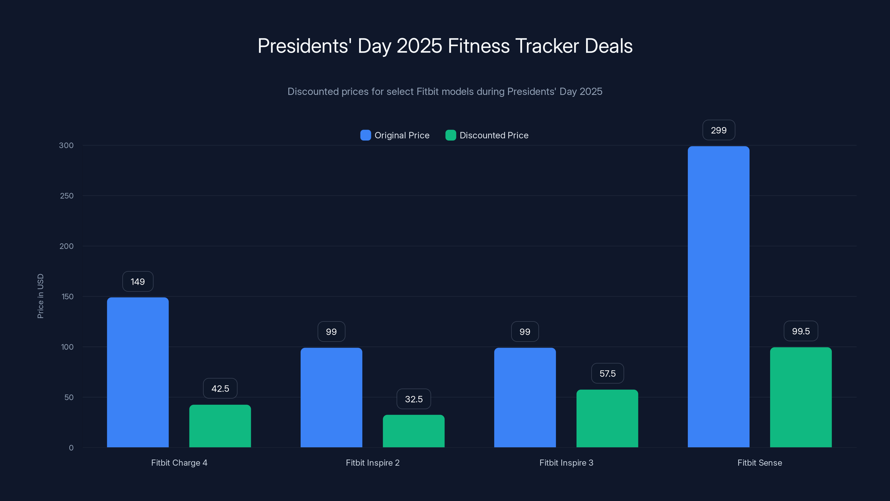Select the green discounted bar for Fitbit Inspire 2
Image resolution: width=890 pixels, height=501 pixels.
pos(414,431)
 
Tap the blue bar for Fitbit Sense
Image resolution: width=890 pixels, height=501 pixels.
pos(718,297)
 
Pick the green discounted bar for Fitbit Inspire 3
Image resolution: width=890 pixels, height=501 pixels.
pos(607,418)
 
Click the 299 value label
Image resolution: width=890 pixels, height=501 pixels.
pos(719,130)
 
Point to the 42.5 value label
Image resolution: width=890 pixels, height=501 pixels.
pos(220,389)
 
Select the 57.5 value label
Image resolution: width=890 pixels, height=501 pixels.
pos(607,374)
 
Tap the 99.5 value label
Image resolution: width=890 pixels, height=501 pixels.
pos(800,331)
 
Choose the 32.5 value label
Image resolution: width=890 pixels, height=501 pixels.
pos(414,399)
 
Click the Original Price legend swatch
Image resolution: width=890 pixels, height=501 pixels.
pos(365,135)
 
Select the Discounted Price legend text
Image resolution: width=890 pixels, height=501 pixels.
pos(494,135)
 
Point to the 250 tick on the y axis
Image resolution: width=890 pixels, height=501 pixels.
pos(67,196)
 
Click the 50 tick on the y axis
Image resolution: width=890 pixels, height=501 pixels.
pos(69,397)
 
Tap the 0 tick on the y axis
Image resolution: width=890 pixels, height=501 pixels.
pos(71,448)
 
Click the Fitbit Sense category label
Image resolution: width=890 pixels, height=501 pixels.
pos(759,463)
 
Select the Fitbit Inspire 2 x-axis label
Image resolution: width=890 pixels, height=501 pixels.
pos(372,463)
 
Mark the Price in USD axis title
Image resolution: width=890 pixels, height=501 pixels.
pos(40,296)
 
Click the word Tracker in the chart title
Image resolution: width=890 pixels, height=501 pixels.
pos(547,46)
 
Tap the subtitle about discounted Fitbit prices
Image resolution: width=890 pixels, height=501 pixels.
pos(445,92)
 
